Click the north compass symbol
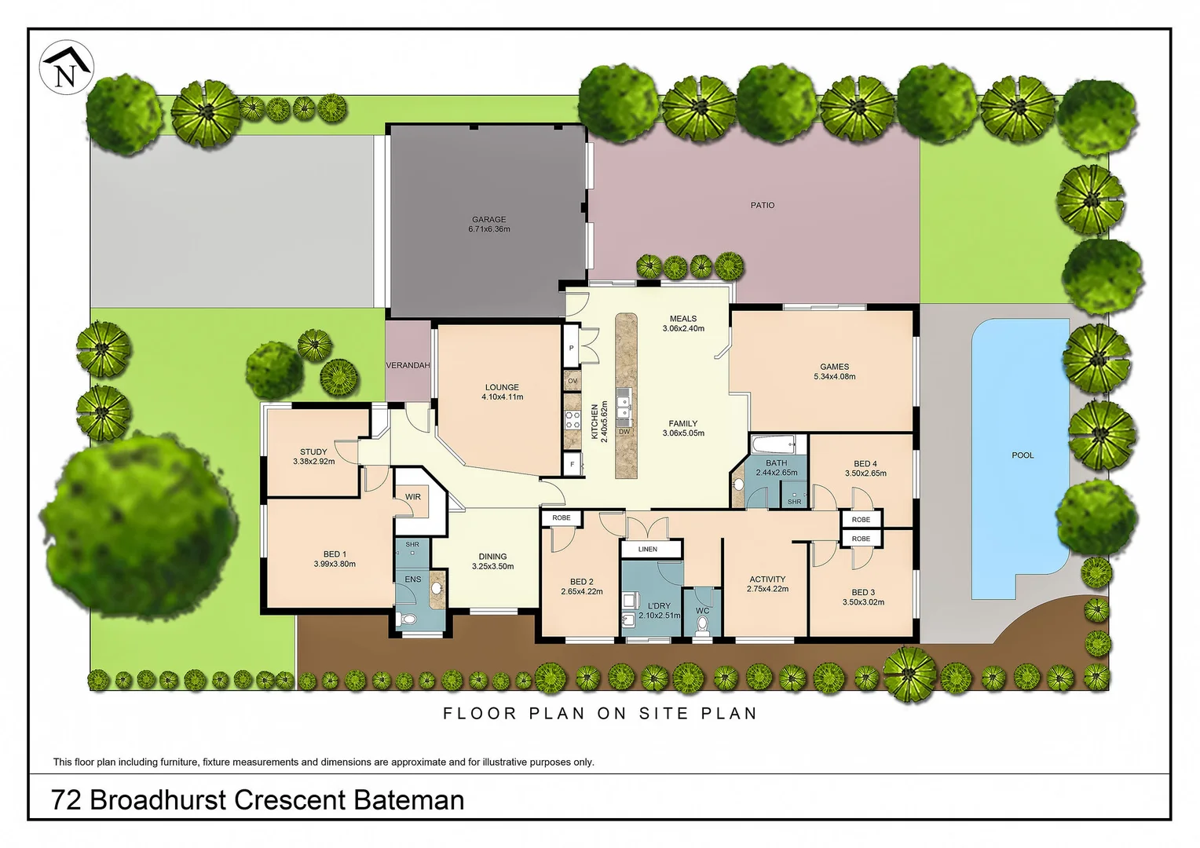(67, 68)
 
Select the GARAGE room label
(488, 220)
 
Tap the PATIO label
(762, 205)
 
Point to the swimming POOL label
(1023, 455)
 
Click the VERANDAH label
(408, 365)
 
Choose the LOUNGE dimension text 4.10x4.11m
(502, 397)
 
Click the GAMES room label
(834, 367)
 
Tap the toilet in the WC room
(702, 626)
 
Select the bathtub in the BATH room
(775, 445)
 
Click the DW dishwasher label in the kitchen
(624, 432)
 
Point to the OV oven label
(573, 381)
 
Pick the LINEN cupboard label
(648, 549)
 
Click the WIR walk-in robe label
(413, 497)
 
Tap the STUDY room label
(313, 451)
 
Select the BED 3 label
(863, 593)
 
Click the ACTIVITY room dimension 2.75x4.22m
(767, 589)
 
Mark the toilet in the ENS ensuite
(406, 620)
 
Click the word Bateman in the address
(408, 800)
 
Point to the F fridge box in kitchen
(573, 465)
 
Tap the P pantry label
(571, 348)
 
